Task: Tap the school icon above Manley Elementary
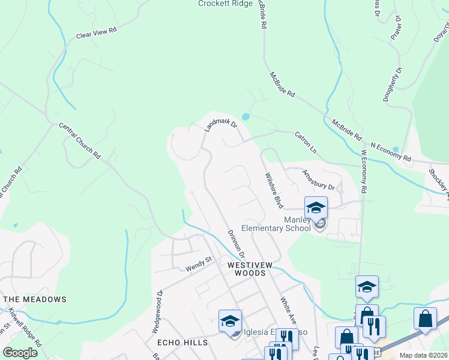pyautogui.click(x=316, y=208)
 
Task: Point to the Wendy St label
pyautogui.click(x=199, y=262)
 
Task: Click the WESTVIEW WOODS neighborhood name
pyautogui.click(x=246, y=268)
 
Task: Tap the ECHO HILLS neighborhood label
pyautogui.click(x=182, y=343)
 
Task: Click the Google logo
pyautogui.click(x=20, y=352)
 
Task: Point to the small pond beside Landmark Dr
pyautogui.click(x=246, y=116)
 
